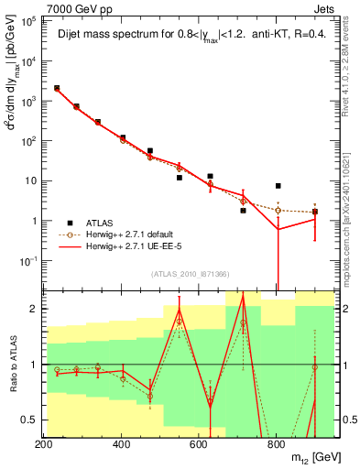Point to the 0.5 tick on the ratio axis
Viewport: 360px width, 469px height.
click(31, 420)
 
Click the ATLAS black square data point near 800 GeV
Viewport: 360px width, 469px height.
click(278, 186)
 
